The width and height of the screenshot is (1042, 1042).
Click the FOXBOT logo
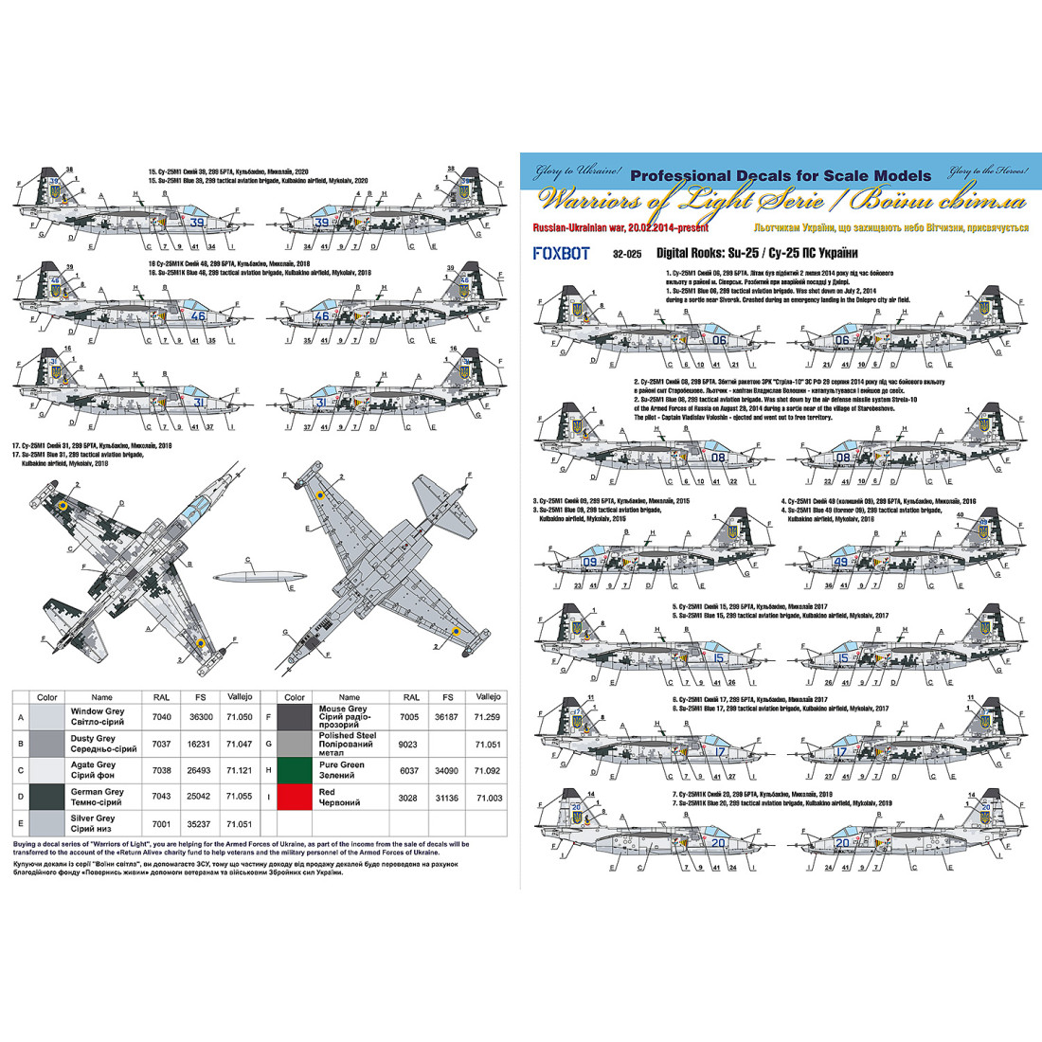[561, 253]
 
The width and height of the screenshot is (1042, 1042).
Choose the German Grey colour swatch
[47, 797]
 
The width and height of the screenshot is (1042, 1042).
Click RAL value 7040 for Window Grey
[162, 717]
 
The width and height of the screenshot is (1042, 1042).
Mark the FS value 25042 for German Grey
[201, 798]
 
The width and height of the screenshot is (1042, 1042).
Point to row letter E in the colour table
[20, 823]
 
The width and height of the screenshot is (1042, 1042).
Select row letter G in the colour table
[268, 744]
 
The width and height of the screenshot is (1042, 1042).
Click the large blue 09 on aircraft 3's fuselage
[589, 563]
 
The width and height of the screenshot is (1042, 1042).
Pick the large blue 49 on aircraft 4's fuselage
[840, 563]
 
